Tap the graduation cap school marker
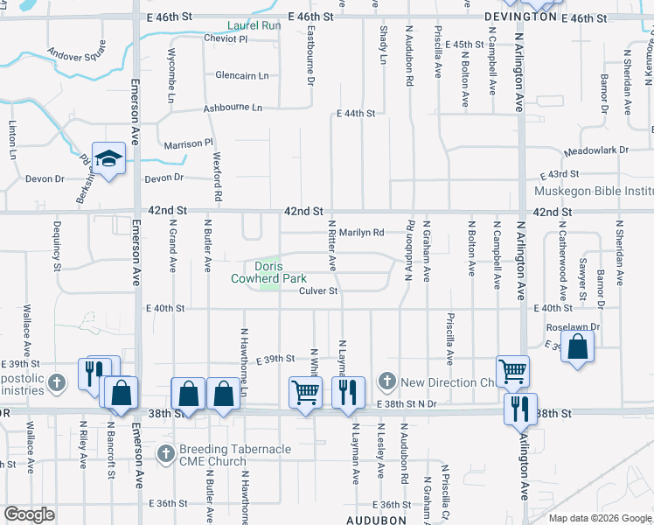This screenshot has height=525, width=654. (x=109, y=159)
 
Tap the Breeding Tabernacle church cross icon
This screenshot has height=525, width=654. (x=166, y=454)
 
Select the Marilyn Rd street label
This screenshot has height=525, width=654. (x=362, y=233)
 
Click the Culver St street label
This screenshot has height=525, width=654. (x=318, y=291)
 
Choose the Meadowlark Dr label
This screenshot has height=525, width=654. (x=596, y=150)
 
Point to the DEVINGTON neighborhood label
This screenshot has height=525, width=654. (x=519, y=17)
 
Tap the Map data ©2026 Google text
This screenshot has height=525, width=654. (x=599, y=519)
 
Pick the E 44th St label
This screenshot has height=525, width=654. (x=357, y=114)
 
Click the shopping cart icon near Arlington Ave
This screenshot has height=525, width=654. (x=512, y=371)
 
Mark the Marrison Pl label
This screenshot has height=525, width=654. (x=188, y=143)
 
